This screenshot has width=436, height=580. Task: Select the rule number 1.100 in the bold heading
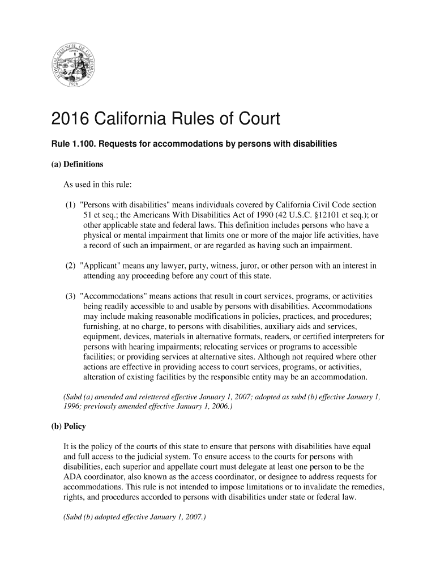[x=80, y=144]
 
